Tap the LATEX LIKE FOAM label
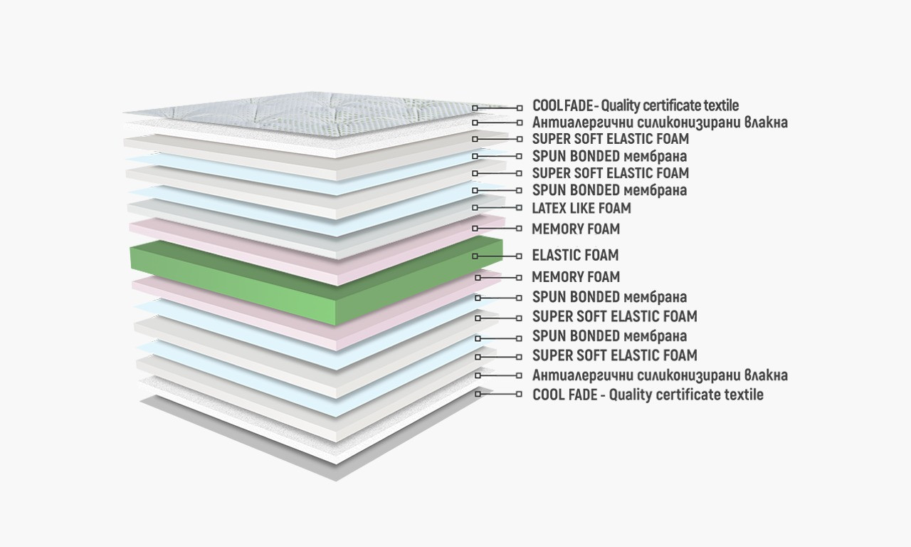581,209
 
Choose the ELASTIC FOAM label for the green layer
575,255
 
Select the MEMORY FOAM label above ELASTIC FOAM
575,229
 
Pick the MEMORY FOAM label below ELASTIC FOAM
575,277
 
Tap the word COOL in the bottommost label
549,395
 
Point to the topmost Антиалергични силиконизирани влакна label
660,123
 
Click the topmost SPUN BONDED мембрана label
609,156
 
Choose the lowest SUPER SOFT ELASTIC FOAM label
614,355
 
